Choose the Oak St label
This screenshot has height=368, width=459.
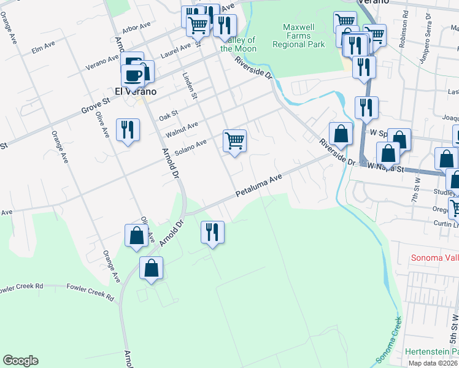(x=168, y=114)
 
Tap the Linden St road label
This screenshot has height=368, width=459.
(x=190, y=85)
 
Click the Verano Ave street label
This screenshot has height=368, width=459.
(x=102, y=62)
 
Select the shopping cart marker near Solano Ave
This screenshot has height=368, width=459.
(x=234, y=141)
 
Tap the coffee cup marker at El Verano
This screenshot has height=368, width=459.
(x=133, y=75)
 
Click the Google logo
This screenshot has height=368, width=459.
(x=20, y=361)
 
